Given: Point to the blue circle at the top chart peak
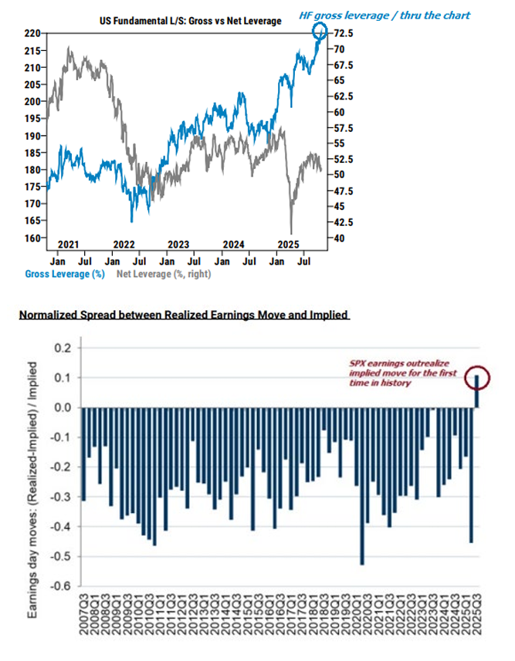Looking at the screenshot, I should click(321, 32).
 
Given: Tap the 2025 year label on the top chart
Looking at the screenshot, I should click(289, 244).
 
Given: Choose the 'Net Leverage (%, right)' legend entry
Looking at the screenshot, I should click(163, 273).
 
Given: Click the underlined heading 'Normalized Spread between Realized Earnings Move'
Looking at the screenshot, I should click(184, 315).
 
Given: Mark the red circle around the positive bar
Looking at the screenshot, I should click(476, 376).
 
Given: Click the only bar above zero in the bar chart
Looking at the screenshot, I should click(476, 392).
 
